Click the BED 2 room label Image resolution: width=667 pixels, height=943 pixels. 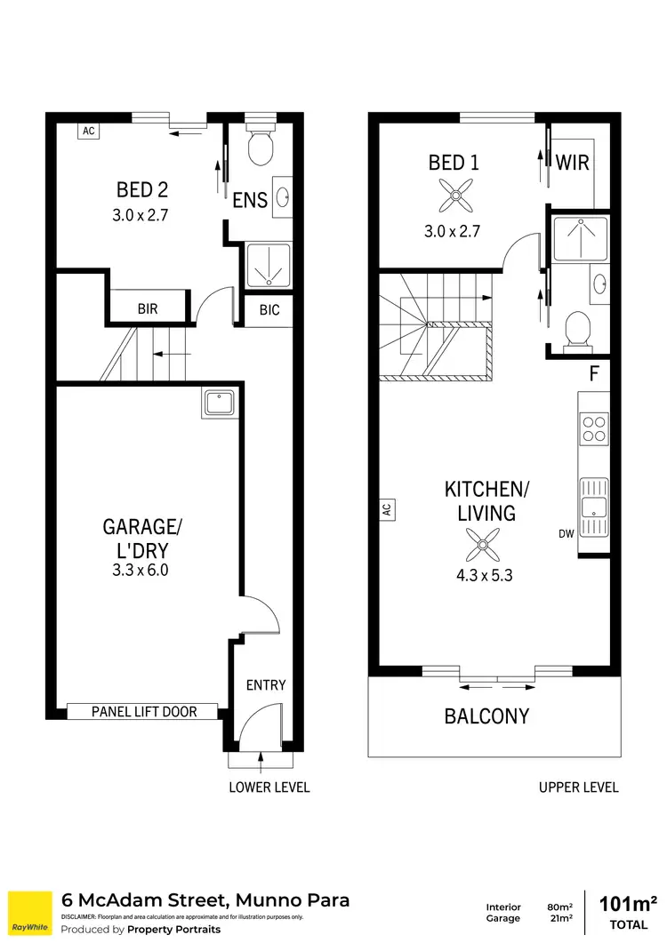pyautogui.click(x=142, y=189)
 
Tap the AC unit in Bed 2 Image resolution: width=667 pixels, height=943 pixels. pyautogui.click(x=88, y=131)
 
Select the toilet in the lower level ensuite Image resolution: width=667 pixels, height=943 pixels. pyautogui.click(x=260, y=148)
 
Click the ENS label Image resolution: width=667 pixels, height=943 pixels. pyautogui.click(x=250, y=200)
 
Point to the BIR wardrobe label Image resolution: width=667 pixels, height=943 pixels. pyautogui.click(x=148, y=309)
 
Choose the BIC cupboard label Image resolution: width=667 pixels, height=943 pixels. pyautogui.click(x=269, y=310)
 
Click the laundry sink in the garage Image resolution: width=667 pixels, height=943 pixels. pyautogui.click(x=218, y=403)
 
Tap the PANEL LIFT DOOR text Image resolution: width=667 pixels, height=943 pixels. pyautogui.click(x=143, y=711)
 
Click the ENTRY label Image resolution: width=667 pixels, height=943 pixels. pyautogui.click(x=266, y=684)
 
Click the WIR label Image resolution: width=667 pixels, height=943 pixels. pyautogui.click(x=574, y=164)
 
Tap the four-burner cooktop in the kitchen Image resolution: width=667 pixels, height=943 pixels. pyautogui.click(x=593, y=431)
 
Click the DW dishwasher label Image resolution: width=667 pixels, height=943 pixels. pyautogui.click(x=566, y=534)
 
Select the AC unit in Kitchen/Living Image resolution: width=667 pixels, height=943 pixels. pyautogui.click(x=387, y=509)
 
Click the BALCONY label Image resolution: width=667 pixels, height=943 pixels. pyautogui.click(x=486, y=715)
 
